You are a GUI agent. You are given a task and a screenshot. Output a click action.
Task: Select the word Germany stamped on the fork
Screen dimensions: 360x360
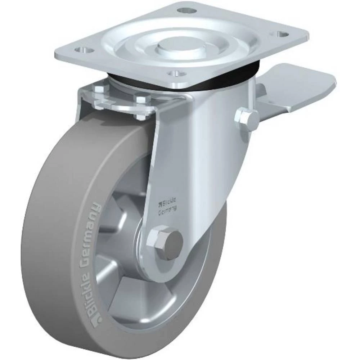tap(167, 212)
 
